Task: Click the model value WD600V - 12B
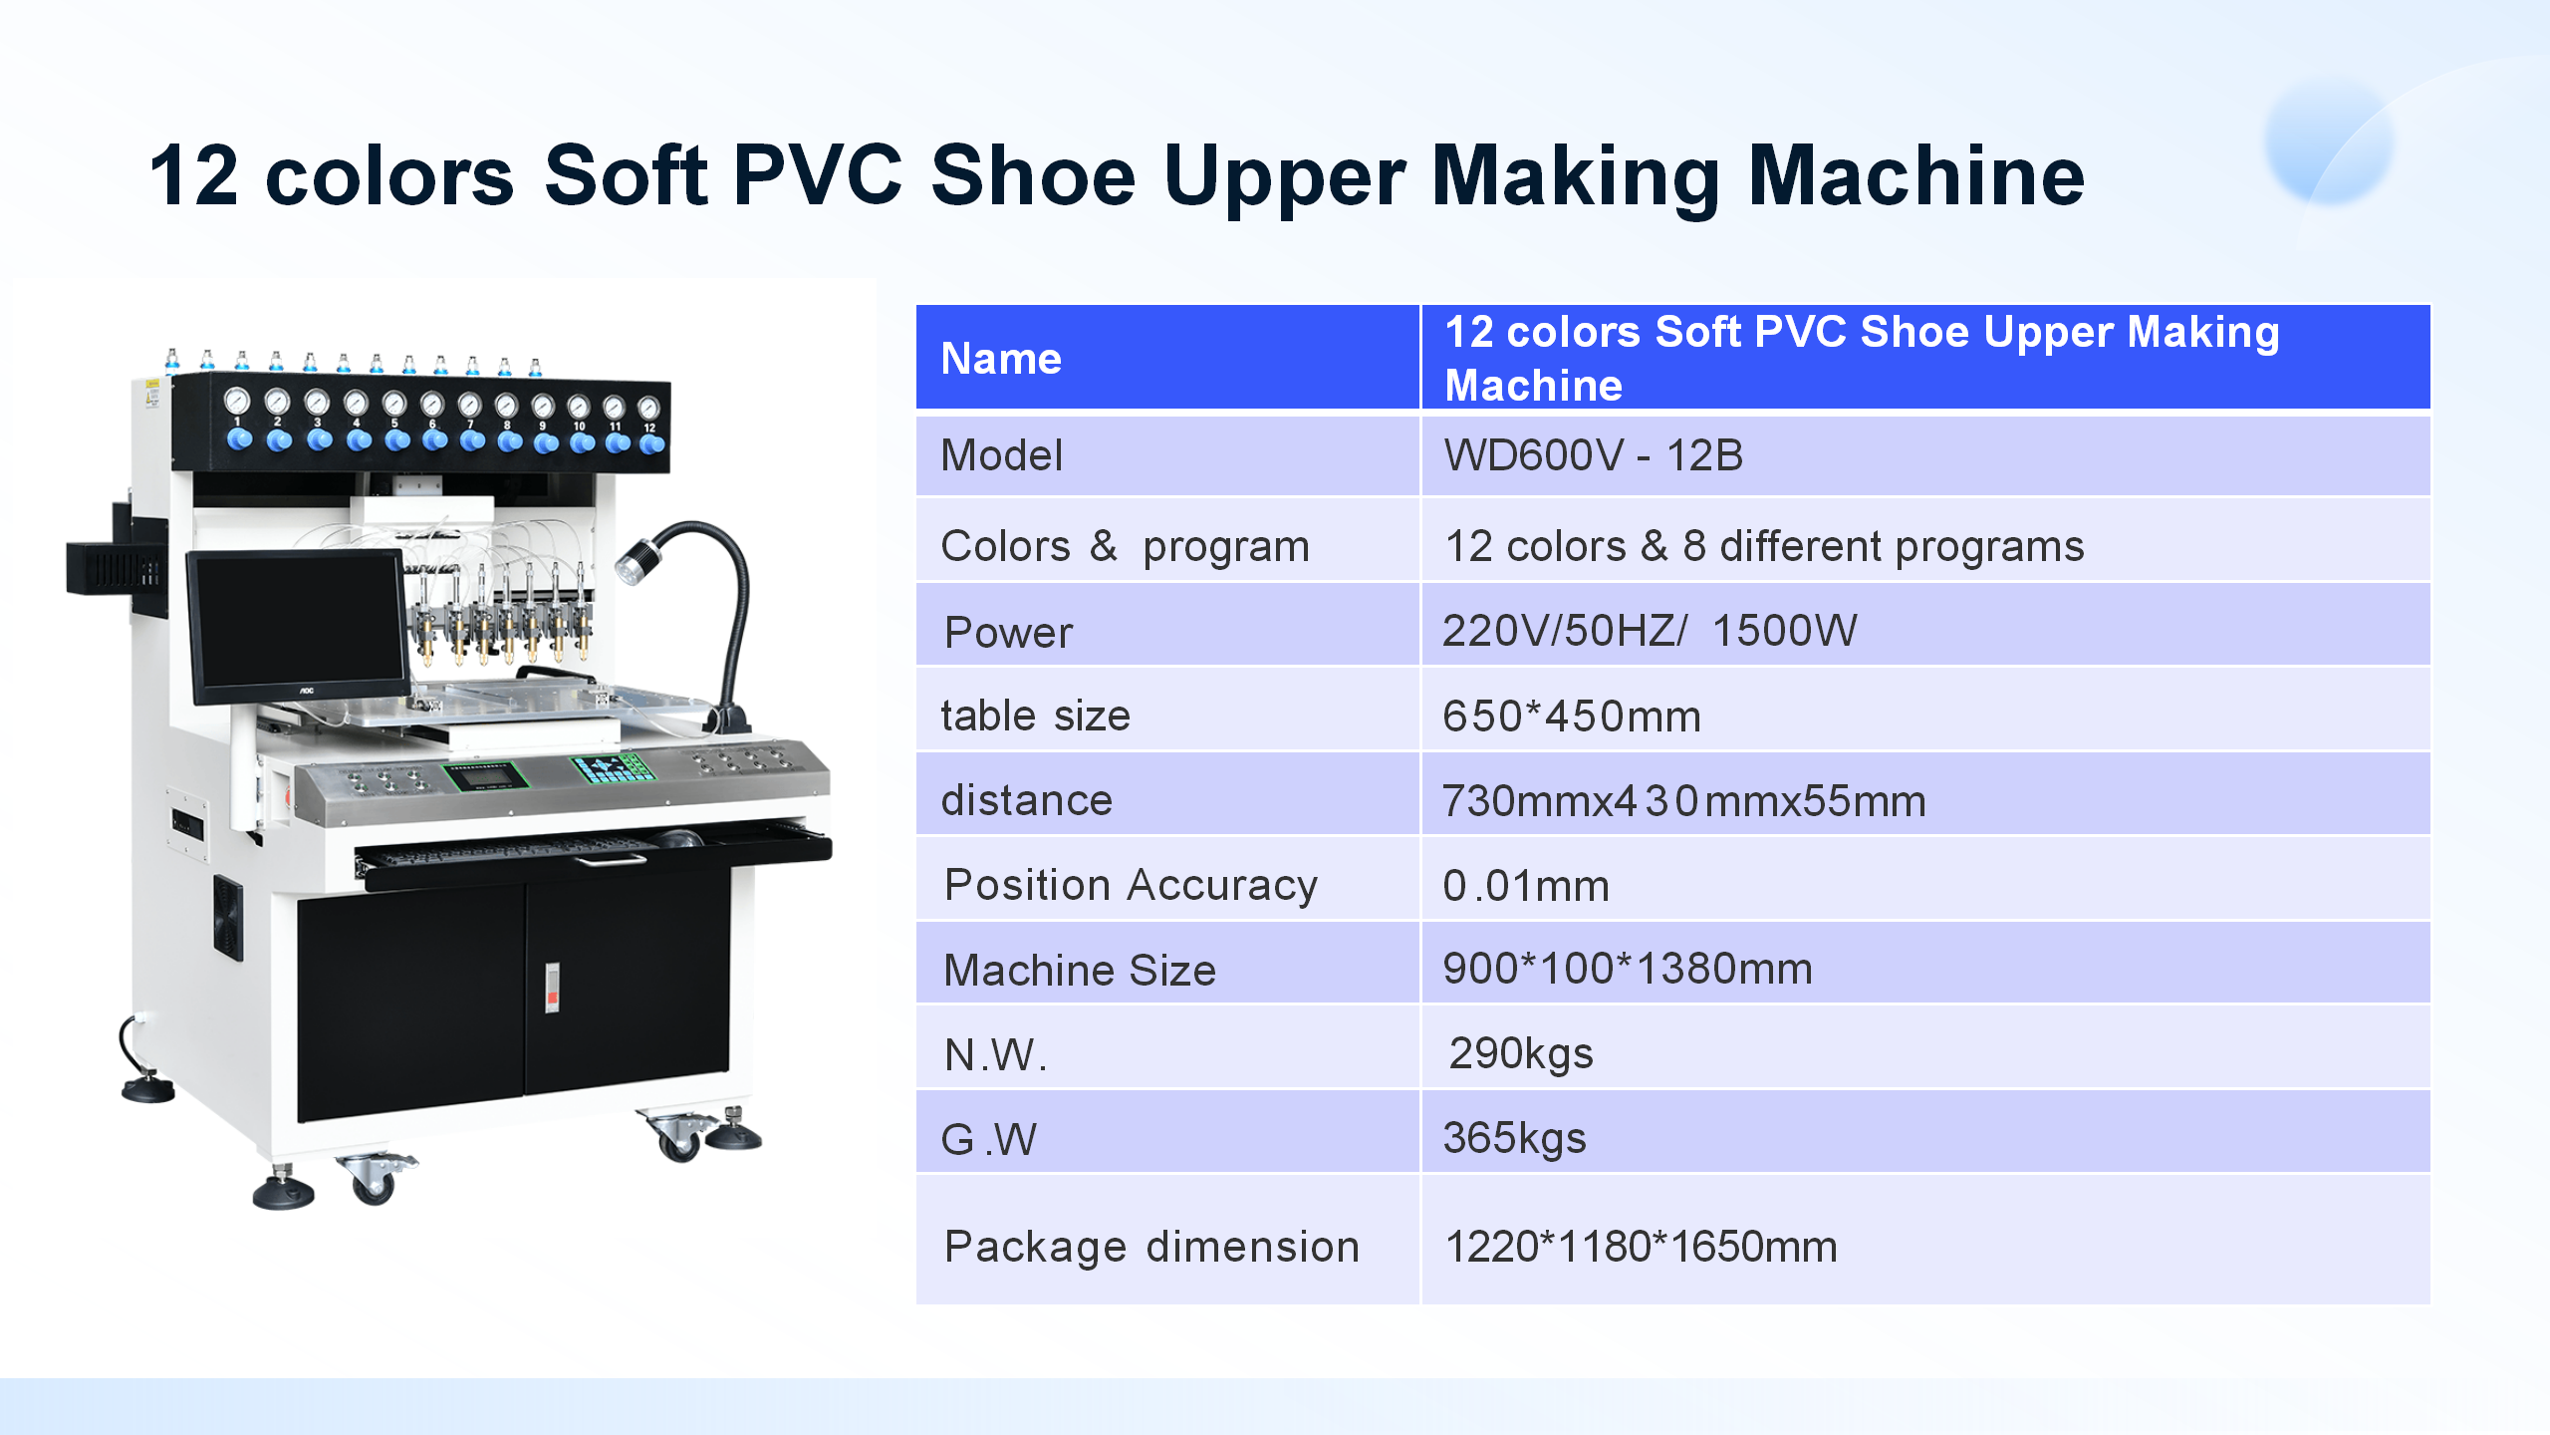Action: click(x=1593, y=455)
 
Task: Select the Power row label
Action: click(x=1008, y=632)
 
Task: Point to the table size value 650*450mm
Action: click(x=1572, y=716)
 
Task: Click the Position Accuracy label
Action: click(x=1131, y=885)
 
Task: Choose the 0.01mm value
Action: click(x=1526, y=885)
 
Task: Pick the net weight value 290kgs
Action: click(x=1521, y=1053)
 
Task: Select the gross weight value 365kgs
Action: click(x=1514, y=1138)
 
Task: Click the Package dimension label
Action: click(x=1151, y=1247)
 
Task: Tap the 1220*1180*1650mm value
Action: click(x=1641, y=1247)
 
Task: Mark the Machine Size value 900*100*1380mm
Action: click(x=1628, y=969)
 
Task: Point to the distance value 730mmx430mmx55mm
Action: click(x=1683, y=800)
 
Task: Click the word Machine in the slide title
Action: click(x=1916, y=175)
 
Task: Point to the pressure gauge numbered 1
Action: click(x=237, y=402)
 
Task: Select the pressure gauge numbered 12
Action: click(x=648, y=408)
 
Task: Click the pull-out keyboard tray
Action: click(x=594, y=852)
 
